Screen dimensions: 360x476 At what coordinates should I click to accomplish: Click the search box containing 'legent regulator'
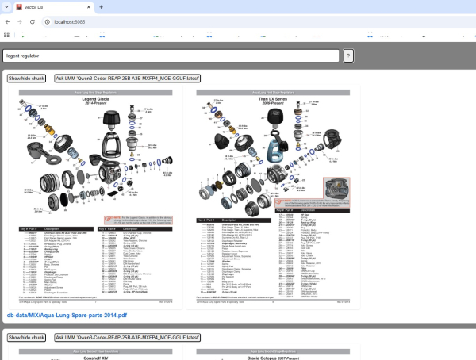point(171,56)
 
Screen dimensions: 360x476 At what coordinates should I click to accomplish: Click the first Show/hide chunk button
point(27,79)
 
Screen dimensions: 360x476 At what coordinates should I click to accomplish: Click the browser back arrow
point(8,21)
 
